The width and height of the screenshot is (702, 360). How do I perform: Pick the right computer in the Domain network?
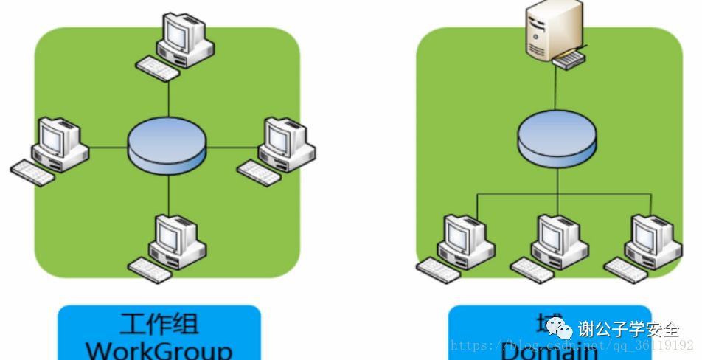(646, 240)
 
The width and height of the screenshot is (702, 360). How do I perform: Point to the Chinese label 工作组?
(159, 324)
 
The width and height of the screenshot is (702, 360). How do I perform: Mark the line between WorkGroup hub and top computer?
(169, 96)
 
